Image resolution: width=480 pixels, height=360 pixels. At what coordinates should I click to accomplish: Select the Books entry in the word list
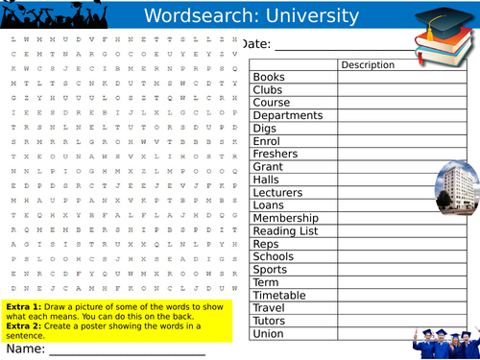tap(269, 78)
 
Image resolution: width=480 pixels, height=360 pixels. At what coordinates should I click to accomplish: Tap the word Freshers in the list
tap(276, 154)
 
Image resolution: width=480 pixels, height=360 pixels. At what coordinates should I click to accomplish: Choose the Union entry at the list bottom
tap(269, 333)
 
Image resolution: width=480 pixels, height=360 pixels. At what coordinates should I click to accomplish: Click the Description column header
tap(368, 65)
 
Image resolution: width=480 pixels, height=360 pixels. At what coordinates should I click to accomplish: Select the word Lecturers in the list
tap(278, 192)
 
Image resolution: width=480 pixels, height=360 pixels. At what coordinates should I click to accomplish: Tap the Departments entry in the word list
tap(287, 115)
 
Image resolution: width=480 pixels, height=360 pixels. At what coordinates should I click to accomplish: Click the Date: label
tap(257, 44)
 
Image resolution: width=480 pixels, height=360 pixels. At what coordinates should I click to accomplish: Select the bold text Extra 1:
tap(27, 305)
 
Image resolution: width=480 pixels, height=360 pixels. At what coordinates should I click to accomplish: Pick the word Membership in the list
tap(285, 218)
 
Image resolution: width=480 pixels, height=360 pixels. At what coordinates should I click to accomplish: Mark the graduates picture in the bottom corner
tap(444, 341)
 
